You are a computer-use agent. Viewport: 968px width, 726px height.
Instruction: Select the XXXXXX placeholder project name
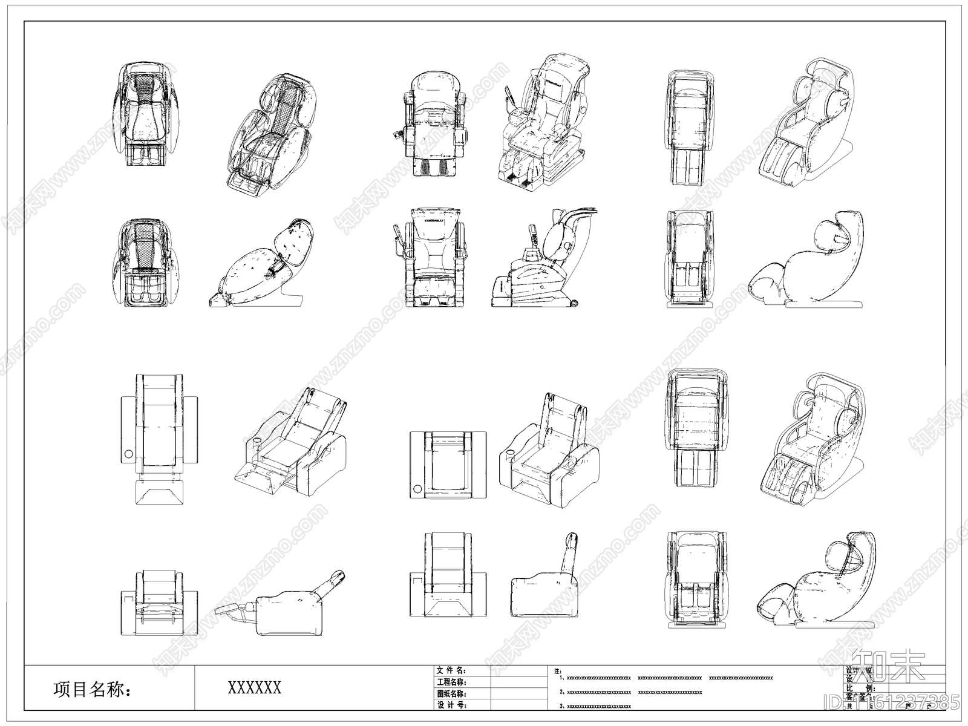tap(254, 687)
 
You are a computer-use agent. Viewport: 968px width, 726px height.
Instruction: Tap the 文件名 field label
tap(451, 670)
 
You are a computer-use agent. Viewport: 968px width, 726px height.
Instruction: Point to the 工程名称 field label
tap(451, 682)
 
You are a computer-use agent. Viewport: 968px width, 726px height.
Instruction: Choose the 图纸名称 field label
tap(451, 693)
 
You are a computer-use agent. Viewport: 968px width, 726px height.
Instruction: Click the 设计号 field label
tap(451, 705)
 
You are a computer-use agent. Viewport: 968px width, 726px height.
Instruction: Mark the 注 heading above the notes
tap(557, 671)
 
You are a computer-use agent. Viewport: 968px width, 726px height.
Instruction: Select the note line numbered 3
tap(595, 706)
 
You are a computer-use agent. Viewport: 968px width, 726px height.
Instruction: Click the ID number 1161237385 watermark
tap(907, 702)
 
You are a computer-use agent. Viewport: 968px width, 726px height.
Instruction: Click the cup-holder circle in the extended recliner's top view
tap(128, 454)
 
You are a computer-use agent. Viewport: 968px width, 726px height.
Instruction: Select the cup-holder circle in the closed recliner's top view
tap(417, 489)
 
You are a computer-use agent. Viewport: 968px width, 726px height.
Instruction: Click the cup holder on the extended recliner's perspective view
tap(255, 439)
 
